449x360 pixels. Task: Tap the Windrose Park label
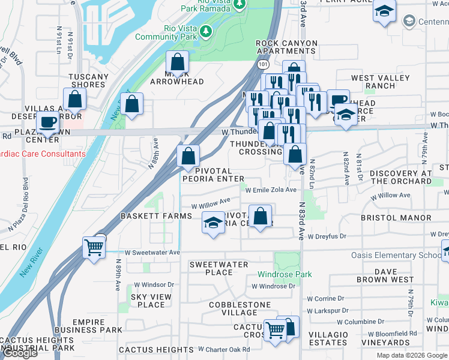coord(285,274)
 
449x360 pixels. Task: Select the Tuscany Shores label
coord(89,80)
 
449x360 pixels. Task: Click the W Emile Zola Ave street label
coord(271,190)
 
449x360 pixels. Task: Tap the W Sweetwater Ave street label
coord(152,253)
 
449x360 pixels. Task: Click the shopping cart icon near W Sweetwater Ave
coord(94,246)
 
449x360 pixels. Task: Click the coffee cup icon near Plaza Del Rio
coord(47,122)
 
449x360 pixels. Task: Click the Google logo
coord(20,353)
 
